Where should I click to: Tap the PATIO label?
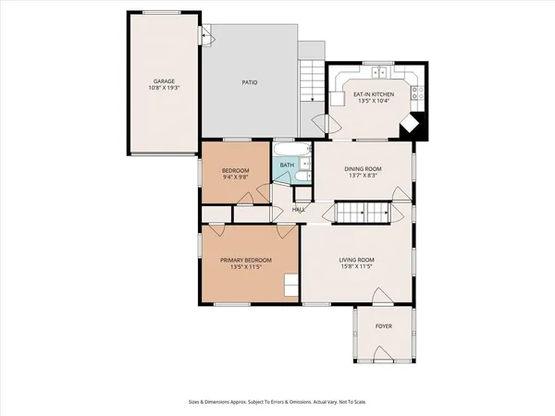point(250,82)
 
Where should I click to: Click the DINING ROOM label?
point(360,169)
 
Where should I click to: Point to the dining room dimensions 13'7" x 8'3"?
point(360,177)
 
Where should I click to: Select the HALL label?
point(299,210)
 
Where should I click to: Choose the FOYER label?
point(383,326)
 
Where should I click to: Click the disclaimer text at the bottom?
point(277,403)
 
